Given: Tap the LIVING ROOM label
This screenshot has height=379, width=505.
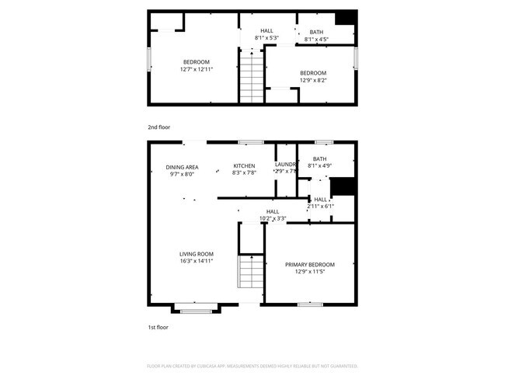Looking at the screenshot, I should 197,254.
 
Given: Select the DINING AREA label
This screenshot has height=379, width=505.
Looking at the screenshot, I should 182,167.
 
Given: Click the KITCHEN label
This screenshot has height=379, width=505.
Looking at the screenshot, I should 245,166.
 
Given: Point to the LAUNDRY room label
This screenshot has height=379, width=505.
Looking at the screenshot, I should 286,165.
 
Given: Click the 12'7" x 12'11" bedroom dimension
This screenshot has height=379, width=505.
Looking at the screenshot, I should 197,69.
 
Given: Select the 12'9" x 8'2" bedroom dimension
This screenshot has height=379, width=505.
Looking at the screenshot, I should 313,80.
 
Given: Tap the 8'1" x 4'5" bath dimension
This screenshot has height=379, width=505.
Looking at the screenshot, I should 316,40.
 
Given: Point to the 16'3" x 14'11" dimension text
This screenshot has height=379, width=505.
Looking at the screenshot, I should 197,262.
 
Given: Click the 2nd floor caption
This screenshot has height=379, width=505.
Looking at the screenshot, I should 158,126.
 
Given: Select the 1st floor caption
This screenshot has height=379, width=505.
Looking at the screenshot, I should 158,327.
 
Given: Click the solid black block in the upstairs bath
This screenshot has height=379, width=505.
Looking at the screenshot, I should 345,19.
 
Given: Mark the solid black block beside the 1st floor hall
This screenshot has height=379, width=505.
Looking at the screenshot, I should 343,187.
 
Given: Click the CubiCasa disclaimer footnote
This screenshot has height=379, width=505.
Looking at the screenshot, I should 252,365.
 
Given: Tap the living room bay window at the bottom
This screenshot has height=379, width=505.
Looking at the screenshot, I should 196,310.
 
